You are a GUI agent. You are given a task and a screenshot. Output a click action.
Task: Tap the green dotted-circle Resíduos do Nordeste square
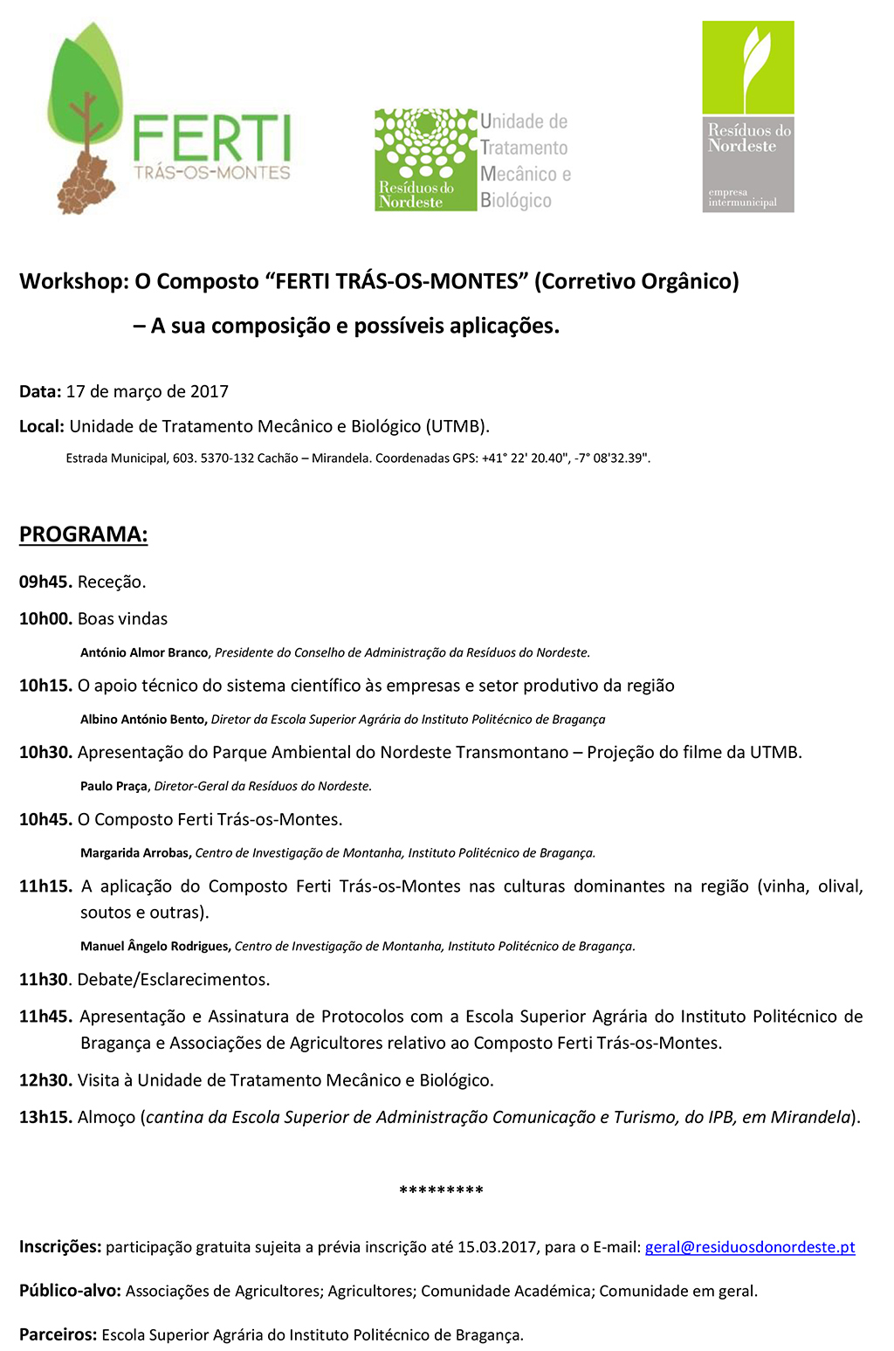[426, 159]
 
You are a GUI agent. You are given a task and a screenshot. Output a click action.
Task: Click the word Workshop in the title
[73, 282]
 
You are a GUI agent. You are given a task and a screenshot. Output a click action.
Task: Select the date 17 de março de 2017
[148, 392]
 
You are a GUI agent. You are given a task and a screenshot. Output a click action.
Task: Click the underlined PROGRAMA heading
[84, 534]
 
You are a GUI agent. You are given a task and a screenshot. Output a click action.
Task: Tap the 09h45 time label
[45, 582]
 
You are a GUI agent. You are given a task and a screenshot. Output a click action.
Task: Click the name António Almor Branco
[144, 652]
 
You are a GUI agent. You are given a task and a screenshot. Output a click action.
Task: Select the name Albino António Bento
[143, 720]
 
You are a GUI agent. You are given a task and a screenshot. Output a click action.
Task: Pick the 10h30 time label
[45, 753]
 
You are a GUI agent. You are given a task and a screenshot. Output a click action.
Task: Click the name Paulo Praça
[113, 786]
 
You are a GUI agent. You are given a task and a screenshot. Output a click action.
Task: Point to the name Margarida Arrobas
[134, 853]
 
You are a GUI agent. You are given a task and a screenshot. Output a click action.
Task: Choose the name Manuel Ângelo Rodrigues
[155, 946]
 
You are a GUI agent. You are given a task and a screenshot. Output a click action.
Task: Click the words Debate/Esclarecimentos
[174, 980]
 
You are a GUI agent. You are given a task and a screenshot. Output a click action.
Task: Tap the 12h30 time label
[45, 1081]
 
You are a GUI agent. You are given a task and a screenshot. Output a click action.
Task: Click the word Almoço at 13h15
[107, 1118]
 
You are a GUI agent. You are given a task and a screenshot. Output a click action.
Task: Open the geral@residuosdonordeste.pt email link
[750, 1247]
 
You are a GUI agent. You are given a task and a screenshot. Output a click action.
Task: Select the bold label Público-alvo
[70, 1291]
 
